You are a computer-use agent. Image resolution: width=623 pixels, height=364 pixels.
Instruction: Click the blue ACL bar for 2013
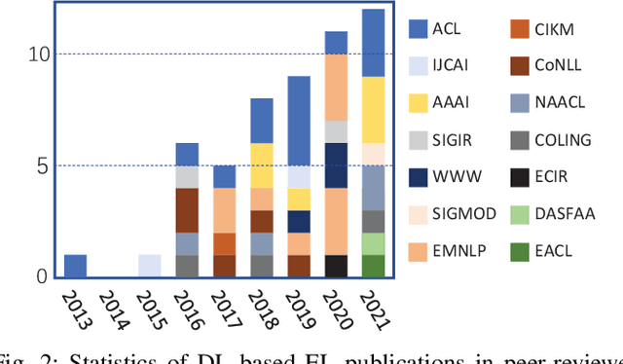[75, 266]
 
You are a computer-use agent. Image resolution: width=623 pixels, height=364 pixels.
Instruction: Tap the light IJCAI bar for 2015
[149, 266]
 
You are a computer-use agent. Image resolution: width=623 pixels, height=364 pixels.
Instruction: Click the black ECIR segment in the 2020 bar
[336, 266]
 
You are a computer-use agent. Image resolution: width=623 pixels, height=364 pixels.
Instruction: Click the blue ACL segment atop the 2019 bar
[299, 121]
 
